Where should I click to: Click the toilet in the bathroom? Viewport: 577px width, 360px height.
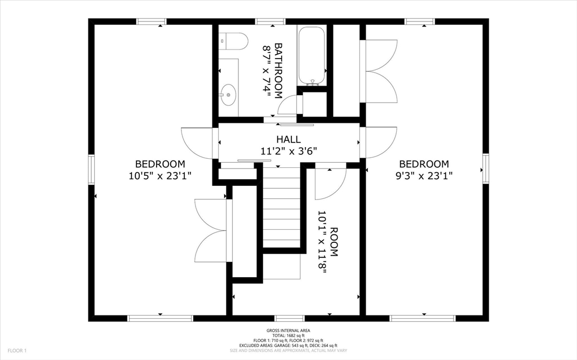pyautogui.click(x=234, y=40)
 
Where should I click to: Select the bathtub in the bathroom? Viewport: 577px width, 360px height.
pyautogui.click(x=312, y=56)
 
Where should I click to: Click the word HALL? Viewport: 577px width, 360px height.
pyautogui.click(x=288, y=139)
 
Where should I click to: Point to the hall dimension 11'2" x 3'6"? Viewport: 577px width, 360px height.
pyautogui.click(x=288, y=151)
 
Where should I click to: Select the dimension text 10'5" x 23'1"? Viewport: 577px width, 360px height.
pyautogui.click(x=160, y=175)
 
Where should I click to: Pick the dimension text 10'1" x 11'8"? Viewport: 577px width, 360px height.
pyautogui.click(x=322, y=242)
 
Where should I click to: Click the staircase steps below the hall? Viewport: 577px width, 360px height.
pyautogui.click(x=281, y=208)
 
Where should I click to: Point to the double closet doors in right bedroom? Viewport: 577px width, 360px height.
pyautogui.click(x=382, y=71)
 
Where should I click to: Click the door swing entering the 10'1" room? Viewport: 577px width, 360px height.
pyautogui.click(x=329, y=183)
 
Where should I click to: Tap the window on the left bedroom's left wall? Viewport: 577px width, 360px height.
pyautogui.click(x=91, y=170)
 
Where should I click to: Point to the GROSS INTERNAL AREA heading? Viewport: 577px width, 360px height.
pyautogui.click(x=288, y=331)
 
